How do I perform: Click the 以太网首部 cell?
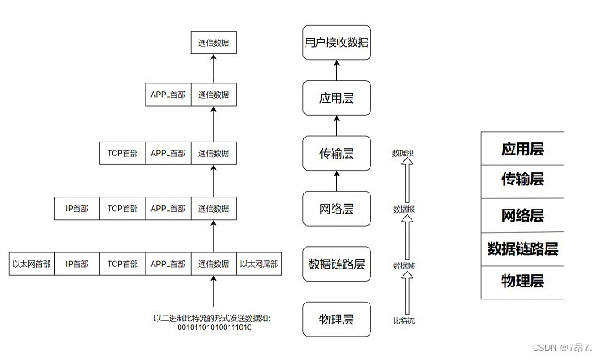click(32, 263)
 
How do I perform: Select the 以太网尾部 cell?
click(258, 263)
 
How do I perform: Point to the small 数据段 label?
click(403, 152)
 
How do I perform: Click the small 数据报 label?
click(403, 209)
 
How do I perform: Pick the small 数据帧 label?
click(403, 265)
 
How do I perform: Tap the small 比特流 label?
click(403, 321)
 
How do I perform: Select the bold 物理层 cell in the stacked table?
click(522, 281)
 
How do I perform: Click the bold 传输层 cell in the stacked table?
click(522, 180)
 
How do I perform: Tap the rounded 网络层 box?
click(336, 208)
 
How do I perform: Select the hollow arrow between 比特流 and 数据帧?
click(408, 293)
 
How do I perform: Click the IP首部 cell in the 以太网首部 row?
click(78, 263)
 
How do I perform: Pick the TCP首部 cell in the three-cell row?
click(123, 152)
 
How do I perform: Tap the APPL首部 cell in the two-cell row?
click(167, 95)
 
